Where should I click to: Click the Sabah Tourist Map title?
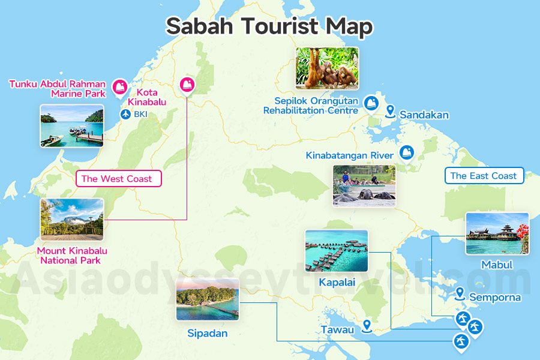tap(269, 27)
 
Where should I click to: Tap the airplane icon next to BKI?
tap(125, 114)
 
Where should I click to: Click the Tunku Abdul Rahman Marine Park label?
tap(58, 89)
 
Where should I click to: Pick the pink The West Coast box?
tap(116, 179)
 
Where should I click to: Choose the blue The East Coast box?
tap(484, 176)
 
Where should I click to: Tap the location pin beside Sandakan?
tap(390, 111)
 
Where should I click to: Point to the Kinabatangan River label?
tap(350, 155)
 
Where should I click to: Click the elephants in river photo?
tap(364, 185)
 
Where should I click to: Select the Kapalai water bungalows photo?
tap(336, 250)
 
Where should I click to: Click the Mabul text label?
tap(497, 265)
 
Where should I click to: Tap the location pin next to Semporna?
tap(460, 293)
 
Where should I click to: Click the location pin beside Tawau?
tap(366, 326)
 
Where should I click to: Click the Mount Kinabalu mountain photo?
tap(72, 220)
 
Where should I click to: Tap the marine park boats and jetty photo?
tap(72, 125)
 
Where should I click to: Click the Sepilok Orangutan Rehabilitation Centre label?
tap(311, 106)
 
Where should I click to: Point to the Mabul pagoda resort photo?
tap(497, 233)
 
